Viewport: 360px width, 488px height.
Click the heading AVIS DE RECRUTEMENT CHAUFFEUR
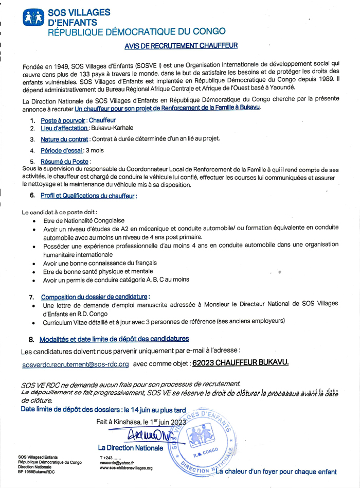coord(181,46)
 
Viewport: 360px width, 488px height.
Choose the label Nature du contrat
coord(65,139)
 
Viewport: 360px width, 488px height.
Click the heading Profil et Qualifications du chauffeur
coord(88,196)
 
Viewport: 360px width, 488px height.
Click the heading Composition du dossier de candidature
coord(95,297)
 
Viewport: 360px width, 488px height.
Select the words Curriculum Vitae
coord(67,321)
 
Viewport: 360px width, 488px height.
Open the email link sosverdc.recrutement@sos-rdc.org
coord(76,364)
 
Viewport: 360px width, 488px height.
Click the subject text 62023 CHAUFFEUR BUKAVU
coord(240,362)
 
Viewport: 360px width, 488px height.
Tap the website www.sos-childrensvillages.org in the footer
coord(126,468)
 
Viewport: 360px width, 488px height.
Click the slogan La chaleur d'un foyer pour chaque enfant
coord(277,472)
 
